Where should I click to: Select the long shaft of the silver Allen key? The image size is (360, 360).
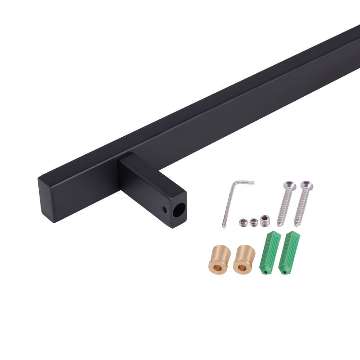pyautogui.click(x=228, y=205)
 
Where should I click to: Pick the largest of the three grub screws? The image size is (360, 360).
pyautogui.click(x=264, y=220)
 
